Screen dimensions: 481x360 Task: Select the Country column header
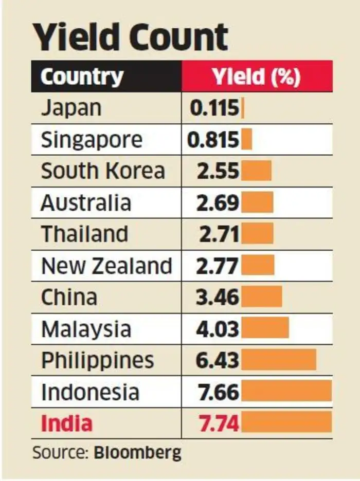click(82, 77)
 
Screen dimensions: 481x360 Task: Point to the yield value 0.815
click(213, 140)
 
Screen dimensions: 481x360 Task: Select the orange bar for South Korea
click(256, 171)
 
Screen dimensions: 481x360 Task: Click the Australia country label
click(86, 202)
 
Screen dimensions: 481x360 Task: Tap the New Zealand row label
click(106, 266)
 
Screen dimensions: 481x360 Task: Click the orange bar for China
click(261, 297)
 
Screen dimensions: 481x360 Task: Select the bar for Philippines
click(278, 360)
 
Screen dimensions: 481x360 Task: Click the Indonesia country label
click(90, 392)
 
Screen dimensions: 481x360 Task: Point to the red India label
click(67, 423)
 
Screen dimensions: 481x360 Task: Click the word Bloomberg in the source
click(137, 453)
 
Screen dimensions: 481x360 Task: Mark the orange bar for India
click(286, 423)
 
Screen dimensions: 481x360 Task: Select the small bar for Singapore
click(246, 140)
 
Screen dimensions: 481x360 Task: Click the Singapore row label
click(92, 140)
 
